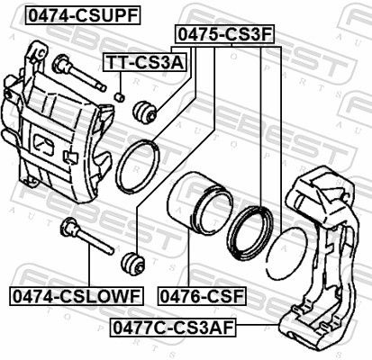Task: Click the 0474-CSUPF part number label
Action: click(x=84, y=15)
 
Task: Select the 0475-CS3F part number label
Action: click(x=225, y=34)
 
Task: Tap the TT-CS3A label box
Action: click(x=145, y=62)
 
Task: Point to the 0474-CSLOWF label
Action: click(x=77, y=296)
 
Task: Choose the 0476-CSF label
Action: click(x=202, y=296)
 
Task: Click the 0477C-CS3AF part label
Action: click(x=173, y=328)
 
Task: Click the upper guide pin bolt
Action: click(x=79, y=72)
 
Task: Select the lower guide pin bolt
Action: click(x=87, y=236)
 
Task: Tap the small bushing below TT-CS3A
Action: click(x=120, y=97)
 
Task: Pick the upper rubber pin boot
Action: click(x=145, y=112)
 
